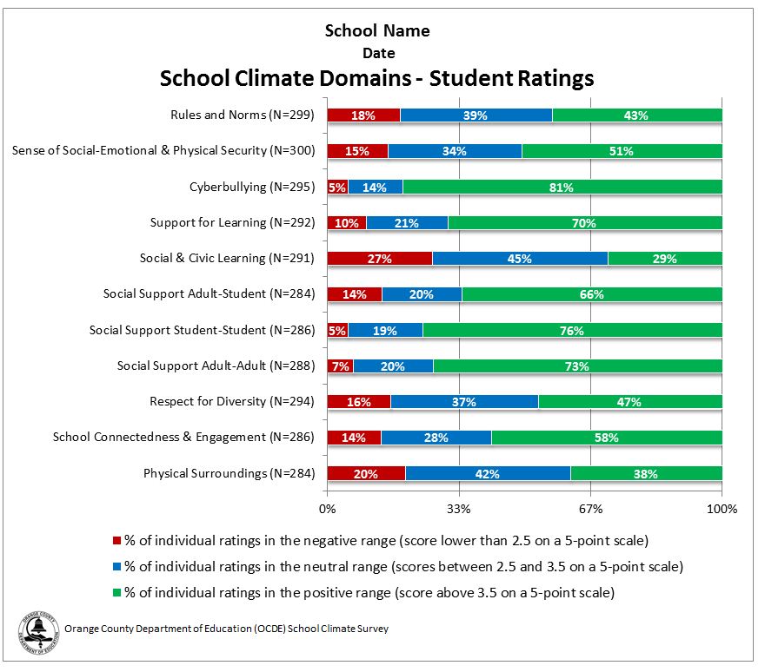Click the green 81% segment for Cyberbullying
pos(562,187)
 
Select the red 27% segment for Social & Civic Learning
pos(379,258)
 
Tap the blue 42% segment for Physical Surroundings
pos(488,473)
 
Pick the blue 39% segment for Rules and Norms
pos(476,115)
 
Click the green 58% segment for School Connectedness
pos(607,438)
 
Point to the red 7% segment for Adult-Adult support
pos(340,366)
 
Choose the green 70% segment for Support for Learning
pos(584,223)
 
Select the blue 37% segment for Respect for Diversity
pos(464,402)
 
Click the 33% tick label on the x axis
pos(458,509)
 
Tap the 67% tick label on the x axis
pos(590,509)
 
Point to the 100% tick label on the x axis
pos(722,509)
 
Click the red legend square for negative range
pos(117,541)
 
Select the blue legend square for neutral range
pos(117,567)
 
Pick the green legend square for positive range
pos(117,593)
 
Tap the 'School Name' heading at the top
pos(376,31)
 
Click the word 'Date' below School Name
pos(378,53)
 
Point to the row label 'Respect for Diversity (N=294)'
pos(232,402)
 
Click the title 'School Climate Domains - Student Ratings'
pos(376,79)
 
